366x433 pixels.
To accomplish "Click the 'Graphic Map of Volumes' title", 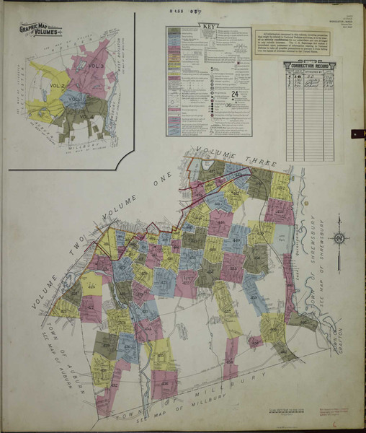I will (40, 31).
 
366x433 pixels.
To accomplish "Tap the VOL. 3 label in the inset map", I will (97, 67).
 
